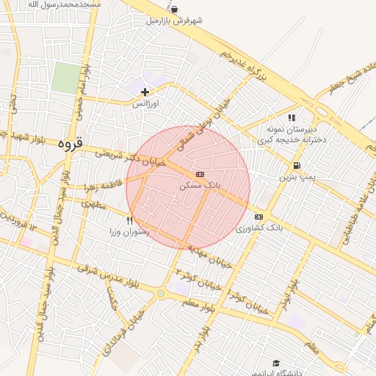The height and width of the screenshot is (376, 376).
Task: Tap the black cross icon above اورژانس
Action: point(145,92)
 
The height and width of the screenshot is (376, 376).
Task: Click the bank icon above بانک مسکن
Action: point(200,174)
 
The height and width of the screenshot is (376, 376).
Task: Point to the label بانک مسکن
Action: point(200,187)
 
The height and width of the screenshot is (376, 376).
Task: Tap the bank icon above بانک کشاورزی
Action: point(258,217)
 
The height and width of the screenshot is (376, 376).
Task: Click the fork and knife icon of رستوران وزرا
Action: point(130,220)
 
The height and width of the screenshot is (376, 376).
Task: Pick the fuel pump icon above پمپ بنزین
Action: point(297,165)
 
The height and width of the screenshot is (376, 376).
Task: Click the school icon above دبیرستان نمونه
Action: point(292,117)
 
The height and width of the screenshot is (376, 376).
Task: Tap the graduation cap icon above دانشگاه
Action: point(276,363)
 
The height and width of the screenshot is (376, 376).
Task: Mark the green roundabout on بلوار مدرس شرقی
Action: point(160,294)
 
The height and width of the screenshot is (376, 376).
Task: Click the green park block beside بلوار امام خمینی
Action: point(66,77)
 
